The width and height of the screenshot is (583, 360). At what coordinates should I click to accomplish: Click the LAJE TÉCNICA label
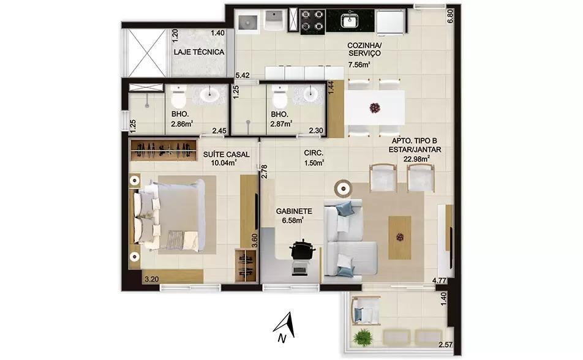199,52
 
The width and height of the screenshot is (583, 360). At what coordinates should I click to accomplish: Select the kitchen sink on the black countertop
349,21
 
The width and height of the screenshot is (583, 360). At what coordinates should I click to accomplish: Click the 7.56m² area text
358,65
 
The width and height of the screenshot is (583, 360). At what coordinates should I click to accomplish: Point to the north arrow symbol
285,328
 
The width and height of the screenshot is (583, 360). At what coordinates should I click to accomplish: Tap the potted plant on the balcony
363,338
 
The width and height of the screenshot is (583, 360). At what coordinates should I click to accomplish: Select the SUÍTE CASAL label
227,154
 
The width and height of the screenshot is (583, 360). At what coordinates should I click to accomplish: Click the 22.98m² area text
417,159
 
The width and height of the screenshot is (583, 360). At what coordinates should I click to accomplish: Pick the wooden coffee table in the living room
400,238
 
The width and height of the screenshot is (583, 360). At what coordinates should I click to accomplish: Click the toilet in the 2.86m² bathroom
178,97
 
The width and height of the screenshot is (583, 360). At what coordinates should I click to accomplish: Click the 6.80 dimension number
451,16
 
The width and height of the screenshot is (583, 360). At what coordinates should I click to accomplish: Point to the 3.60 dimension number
255,240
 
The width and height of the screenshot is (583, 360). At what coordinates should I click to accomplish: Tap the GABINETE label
294,211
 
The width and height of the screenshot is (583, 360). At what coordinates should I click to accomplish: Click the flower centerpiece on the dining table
375,108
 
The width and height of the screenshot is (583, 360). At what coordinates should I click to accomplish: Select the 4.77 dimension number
439,280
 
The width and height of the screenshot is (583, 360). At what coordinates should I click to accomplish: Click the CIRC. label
314,153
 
